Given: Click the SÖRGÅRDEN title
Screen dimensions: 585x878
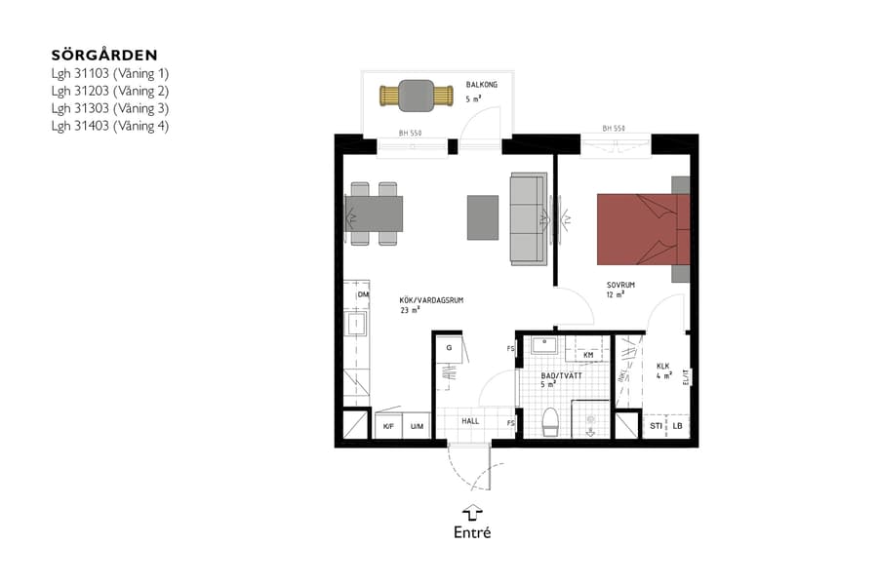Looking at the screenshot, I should [103, 55].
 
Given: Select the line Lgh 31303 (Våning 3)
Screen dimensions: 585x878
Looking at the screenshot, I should [109, 107].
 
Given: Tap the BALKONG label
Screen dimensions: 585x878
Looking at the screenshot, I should [481, 86].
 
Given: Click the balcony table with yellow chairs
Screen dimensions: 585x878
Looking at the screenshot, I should [417, 97].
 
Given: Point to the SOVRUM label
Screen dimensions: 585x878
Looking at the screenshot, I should [619, 285].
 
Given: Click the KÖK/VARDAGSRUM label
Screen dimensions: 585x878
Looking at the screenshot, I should [430, 300].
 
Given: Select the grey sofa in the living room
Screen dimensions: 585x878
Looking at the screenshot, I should [528, 218].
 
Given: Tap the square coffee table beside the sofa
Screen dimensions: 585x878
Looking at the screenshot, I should [482, 217].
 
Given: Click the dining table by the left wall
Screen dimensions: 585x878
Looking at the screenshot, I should [376, 214].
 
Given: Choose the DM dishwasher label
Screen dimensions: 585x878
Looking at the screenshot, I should [363, 294].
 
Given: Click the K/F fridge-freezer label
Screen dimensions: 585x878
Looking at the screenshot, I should [387, 426].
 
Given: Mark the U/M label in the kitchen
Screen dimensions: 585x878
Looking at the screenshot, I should [417, 426].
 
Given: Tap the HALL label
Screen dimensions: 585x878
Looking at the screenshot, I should [470, 421].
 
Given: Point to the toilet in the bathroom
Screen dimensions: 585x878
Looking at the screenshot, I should [549, 421].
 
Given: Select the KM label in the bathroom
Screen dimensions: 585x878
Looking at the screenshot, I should [588, 355].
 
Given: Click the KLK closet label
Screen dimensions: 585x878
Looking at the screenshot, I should [663, 366].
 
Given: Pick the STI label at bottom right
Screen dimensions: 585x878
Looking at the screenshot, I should [656, 426].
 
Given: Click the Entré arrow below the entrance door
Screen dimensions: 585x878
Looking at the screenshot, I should [472, 512].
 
